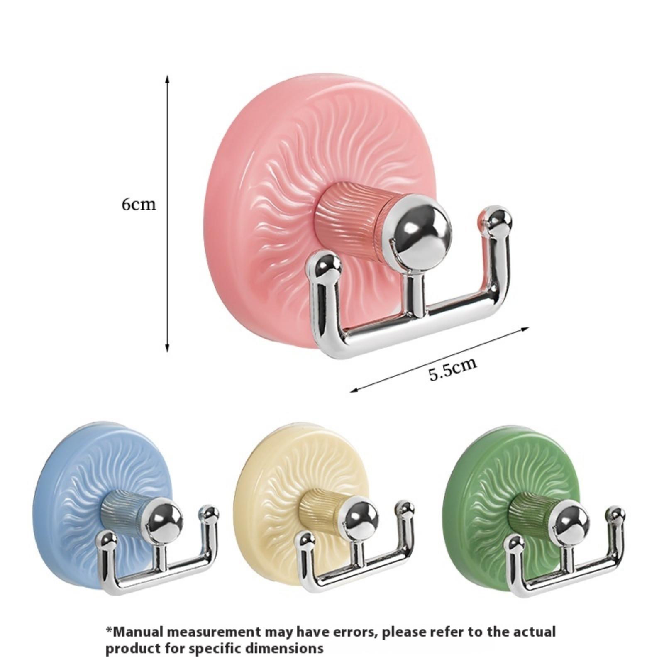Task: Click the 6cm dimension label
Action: click(x=139, y=205)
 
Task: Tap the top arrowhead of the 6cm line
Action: click(x=167, y=79)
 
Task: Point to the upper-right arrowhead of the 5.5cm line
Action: click(x=526, y=329)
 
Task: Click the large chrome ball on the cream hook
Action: click(x=361, y=519)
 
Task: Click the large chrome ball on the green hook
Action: click(x=571, y=520)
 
